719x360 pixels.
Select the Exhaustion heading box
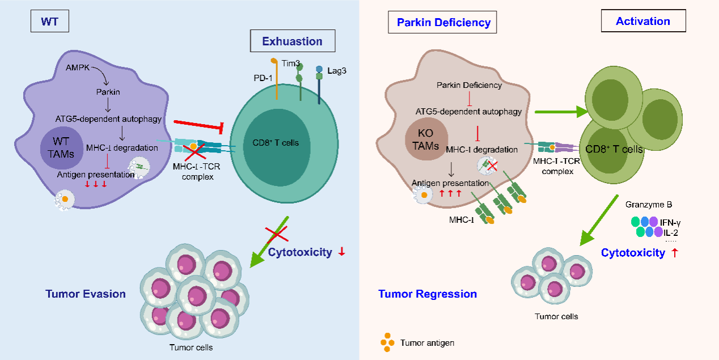coord(292,41)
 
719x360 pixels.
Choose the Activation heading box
coord(643,22)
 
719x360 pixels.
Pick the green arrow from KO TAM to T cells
coord(559,112)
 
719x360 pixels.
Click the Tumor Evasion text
coord(86,294)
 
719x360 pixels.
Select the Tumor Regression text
coord(428,294)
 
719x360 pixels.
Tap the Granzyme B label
coord(644,204)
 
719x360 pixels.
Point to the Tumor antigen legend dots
coord(387,342)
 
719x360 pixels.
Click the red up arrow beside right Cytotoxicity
coord(675,253)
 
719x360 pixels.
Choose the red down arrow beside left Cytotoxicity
coord(341,252)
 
